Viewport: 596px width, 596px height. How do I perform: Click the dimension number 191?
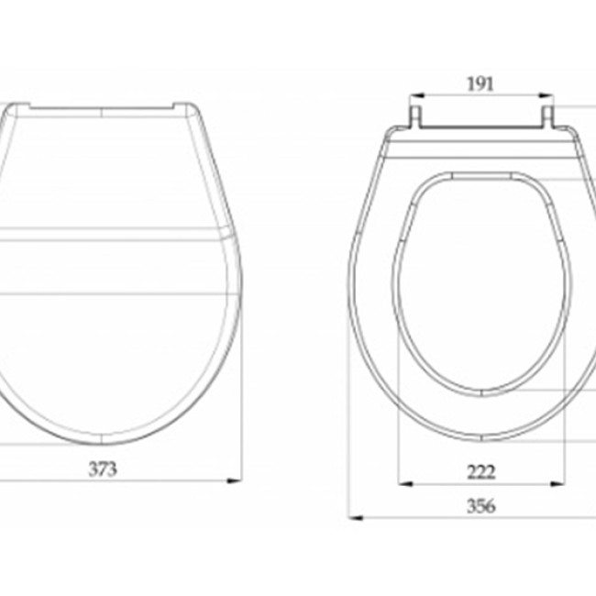tap(480, 84)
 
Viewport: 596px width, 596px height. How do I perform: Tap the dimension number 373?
tap(103, 469)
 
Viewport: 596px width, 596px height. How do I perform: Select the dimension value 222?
tap(481, 472)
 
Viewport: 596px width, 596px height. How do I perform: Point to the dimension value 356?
tap(481, 506)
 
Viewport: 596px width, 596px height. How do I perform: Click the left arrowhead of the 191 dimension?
tap(417, 95)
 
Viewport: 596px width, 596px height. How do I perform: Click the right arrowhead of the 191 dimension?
tap(546, 95)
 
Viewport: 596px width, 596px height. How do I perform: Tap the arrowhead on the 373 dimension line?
tap(234, 480)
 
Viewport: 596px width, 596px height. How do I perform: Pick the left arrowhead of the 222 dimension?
tap(405, 484)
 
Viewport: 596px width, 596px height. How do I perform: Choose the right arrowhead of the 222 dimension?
tap(557, 484)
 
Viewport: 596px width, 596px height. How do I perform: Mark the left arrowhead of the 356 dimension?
tap(356, 518)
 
